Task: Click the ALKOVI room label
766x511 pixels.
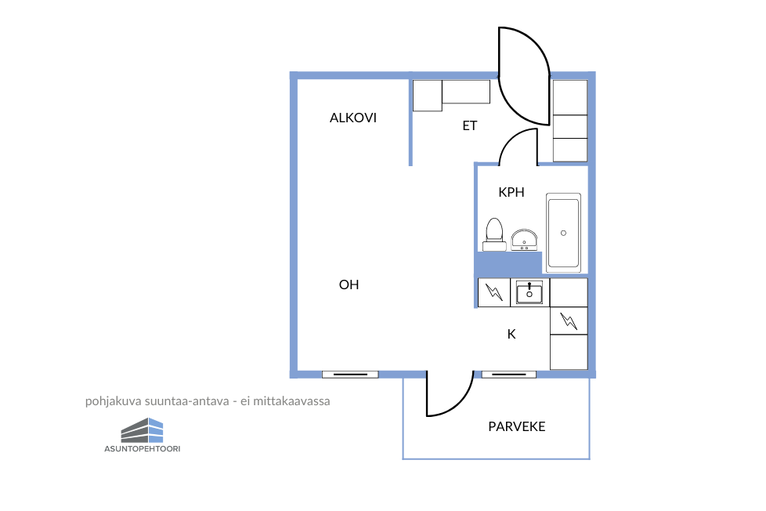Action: (352, 118)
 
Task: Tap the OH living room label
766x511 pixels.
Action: (349, 284)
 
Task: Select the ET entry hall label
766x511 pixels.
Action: (469, 125)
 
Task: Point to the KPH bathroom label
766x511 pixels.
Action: (511, 192)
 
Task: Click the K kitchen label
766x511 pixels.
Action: (511, 334)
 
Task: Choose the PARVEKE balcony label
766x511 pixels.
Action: (516, 426)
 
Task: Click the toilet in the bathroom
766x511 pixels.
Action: (494, 234)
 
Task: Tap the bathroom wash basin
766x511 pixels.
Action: (524, 240)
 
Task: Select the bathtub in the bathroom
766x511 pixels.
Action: (563, 233)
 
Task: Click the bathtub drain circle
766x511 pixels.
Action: (563, 234)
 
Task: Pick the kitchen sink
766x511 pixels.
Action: (529, 293)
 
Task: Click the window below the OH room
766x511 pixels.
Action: (350, 375)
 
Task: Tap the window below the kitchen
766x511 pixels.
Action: (509, 375)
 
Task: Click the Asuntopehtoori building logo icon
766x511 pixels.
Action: (143, 430)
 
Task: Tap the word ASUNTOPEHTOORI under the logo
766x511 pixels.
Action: (143, 449)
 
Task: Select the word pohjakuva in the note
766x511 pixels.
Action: (108, 402)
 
